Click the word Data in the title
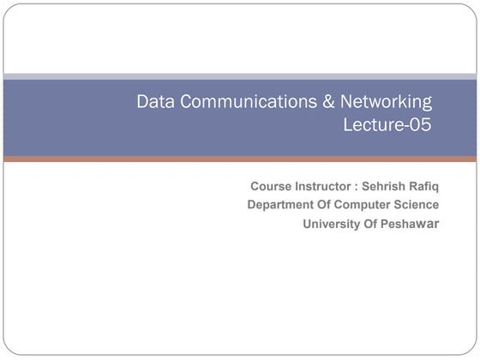point(154,102)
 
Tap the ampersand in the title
point(330,102)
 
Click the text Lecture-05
point(387,125)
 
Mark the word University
point(332,225)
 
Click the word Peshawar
point(410,225)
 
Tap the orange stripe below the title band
point(240,159)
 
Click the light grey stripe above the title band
point(240,76)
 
